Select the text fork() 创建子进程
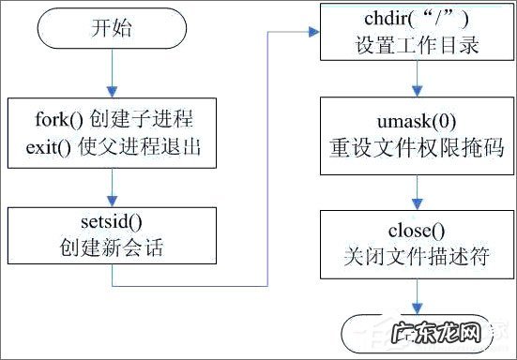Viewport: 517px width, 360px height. (112, 121)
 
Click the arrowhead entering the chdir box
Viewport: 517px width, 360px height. (315, 35)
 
